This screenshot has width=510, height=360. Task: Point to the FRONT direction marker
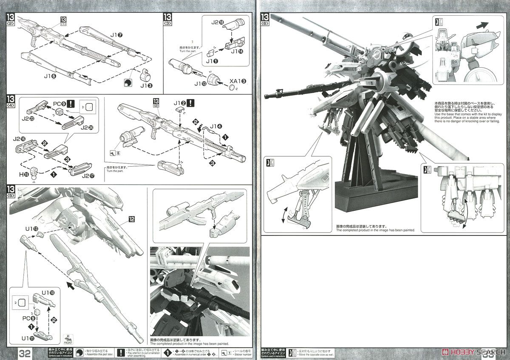click(68, 340)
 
